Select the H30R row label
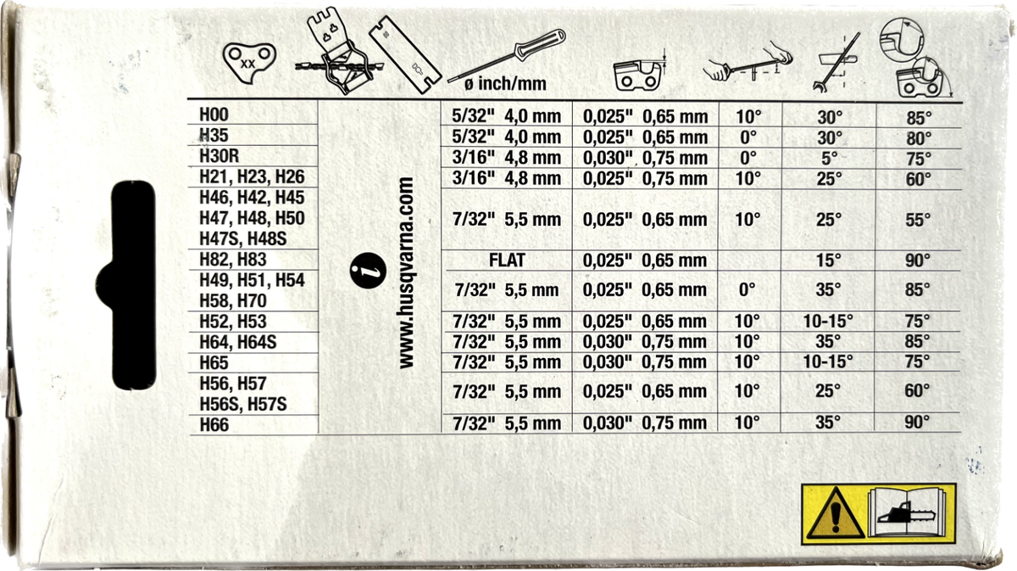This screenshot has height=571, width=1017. (x=219, y=157)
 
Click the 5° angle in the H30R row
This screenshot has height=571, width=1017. (x=827, y=158)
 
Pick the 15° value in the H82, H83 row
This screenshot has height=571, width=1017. (x=827, y=260)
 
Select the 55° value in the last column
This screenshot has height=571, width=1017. (x=917, y=219)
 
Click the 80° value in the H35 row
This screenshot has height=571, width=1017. (x=917, y=137)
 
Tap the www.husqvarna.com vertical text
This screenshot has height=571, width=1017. (x=406, y=272)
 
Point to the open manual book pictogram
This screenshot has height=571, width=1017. (x=909, y=512)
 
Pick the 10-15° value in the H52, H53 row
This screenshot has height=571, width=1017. (x=827, y=322)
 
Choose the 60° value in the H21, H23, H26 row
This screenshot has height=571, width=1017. (x=917, y=178)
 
